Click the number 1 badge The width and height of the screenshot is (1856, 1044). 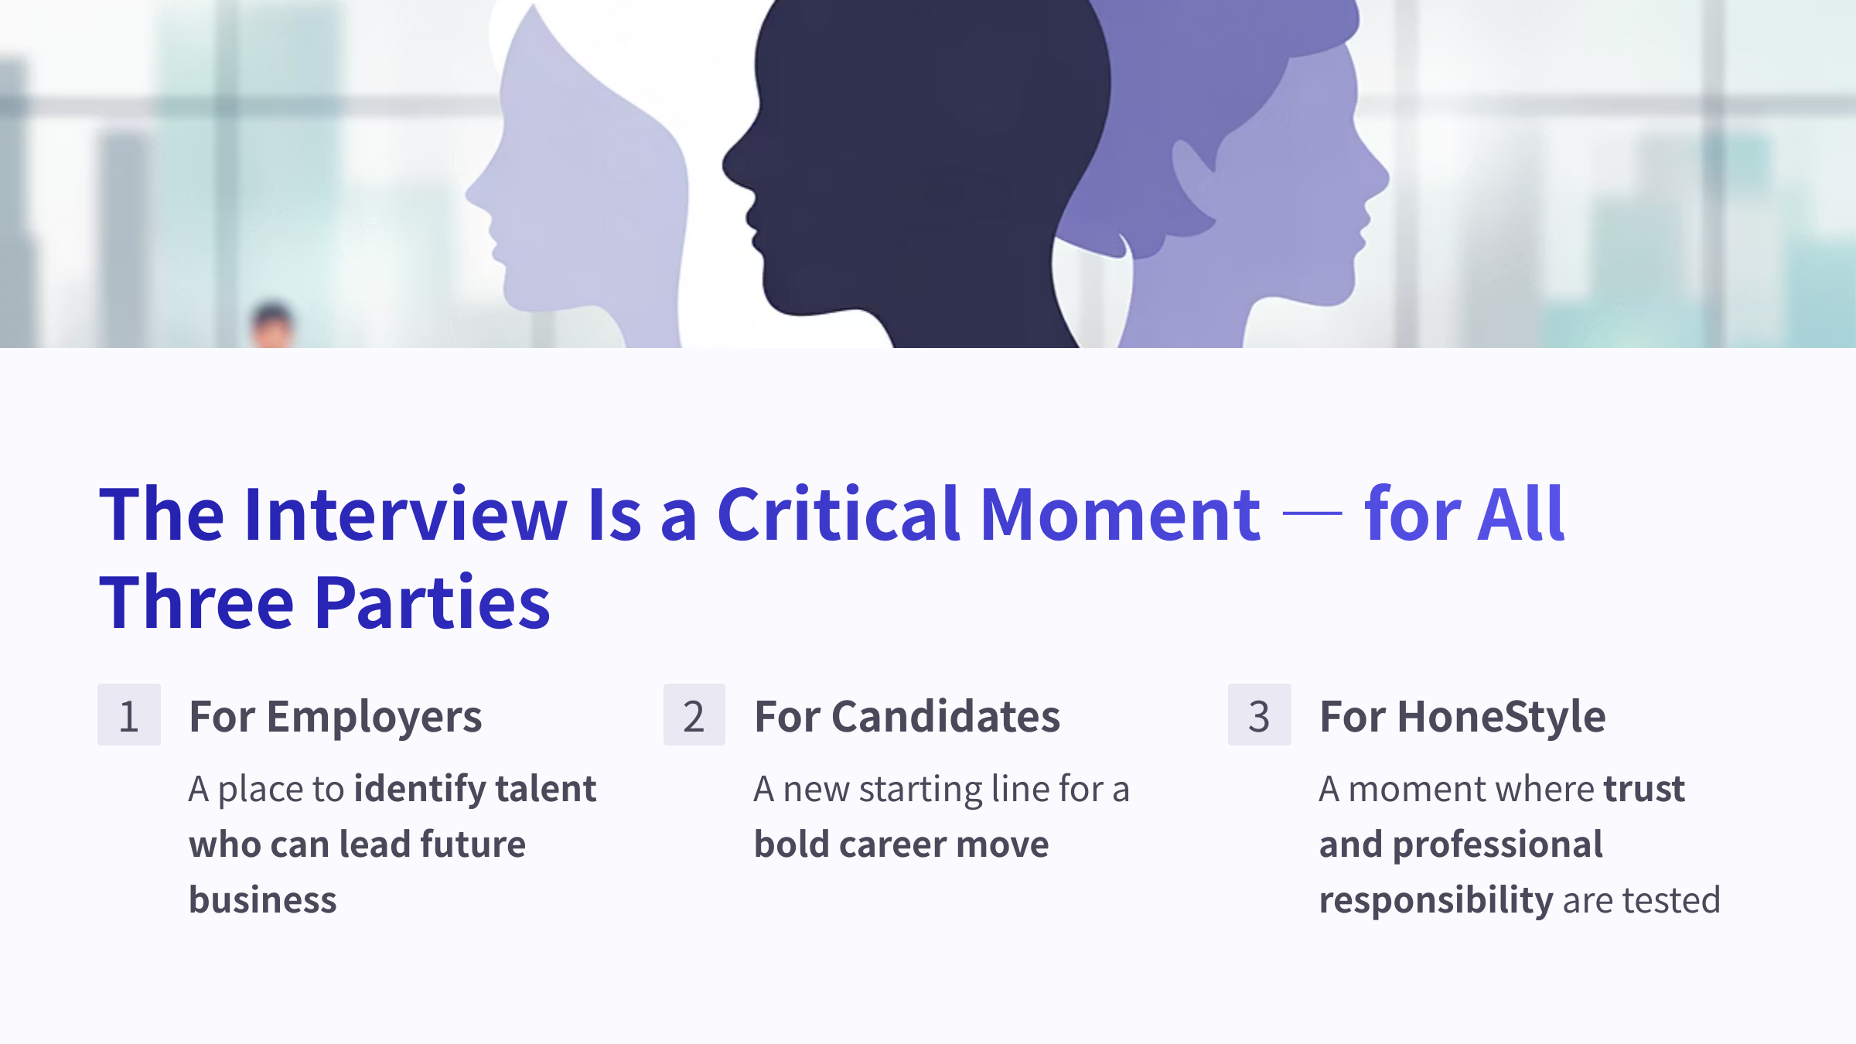(129, 715)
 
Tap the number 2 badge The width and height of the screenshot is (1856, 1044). (694, 715)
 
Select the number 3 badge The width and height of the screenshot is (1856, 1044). (1260, 715)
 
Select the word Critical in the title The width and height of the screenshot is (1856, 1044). (839, 513)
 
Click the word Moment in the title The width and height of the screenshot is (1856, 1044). (1121, 515)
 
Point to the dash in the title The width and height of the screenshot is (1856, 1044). (1312, 513)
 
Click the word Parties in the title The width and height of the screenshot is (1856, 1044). (433, 602)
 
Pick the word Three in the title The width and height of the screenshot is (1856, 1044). (196, 602)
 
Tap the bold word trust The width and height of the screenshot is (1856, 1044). (1644, 790)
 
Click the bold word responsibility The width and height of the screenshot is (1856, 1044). (1436, 901)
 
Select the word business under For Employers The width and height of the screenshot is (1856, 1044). (263, 900)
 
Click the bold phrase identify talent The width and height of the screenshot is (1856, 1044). (475, 790)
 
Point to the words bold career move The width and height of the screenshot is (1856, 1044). (902, 844)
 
